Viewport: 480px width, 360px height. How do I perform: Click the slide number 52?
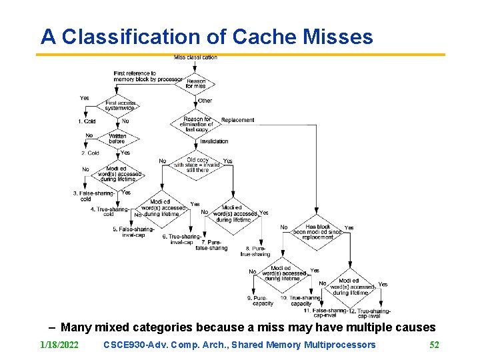434,345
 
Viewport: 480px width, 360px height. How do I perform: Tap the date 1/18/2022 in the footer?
59,345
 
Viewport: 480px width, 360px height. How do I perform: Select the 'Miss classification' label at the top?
195,57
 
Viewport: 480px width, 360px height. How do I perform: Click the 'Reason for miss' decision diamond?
196,84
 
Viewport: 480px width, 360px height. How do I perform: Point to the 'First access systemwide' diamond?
121,106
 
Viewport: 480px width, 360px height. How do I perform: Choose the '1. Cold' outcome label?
87,121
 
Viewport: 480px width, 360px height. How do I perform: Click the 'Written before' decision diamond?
117,138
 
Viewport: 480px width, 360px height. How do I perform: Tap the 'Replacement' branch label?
237,120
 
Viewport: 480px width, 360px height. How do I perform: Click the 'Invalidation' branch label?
213,141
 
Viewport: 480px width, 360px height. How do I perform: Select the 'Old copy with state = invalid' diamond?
197,165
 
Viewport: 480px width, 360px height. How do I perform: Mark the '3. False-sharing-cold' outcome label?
93,196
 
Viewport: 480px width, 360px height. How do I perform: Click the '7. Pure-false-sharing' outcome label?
211,245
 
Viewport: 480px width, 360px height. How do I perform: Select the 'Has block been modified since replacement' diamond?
317,231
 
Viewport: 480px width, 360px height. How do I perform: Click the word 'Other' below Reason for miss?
205,101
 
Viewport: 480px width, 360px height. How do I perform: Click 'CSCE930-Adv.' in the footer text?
131,345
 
